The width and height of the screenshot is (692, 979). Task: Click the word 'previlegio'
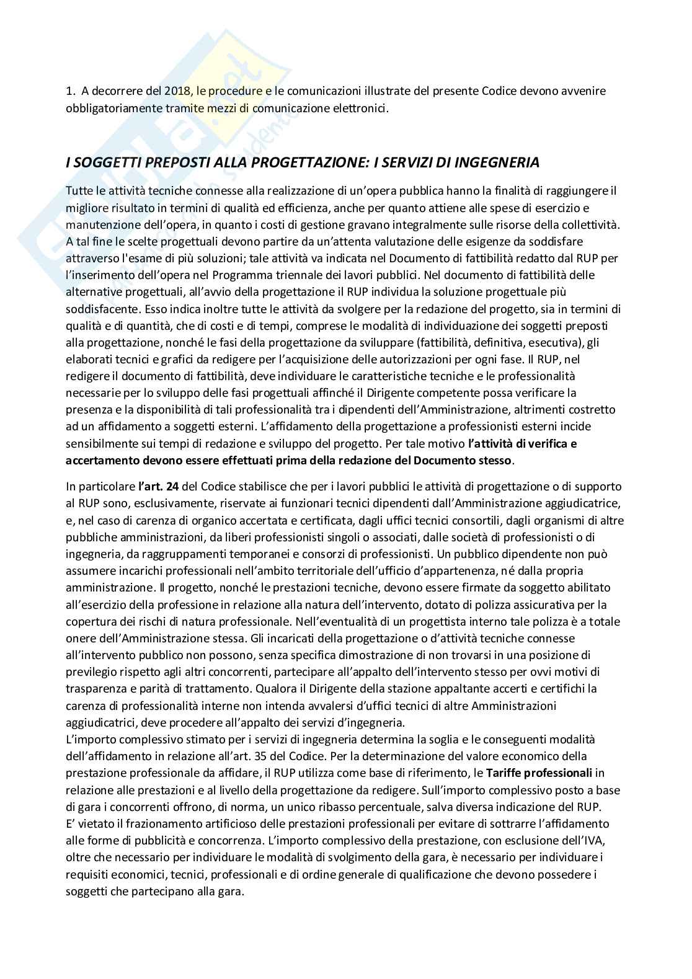[x=89, y=671]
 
